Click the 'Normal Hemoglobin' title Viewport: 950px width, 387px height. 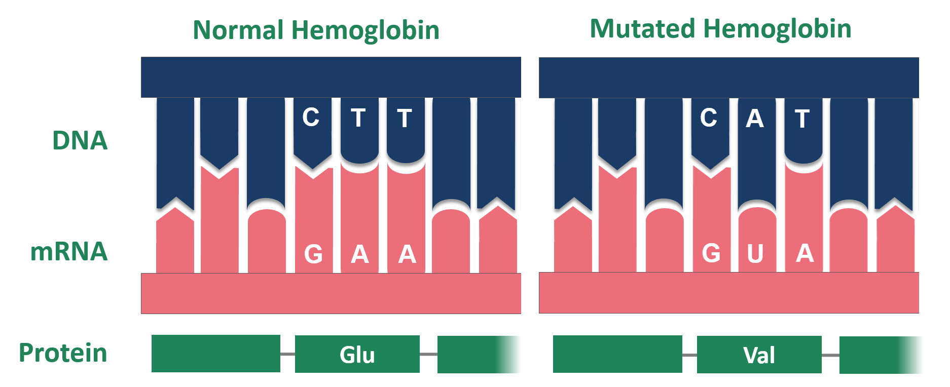[316, 30]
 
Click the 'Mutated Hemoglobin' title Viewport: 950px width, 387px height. [720, 29]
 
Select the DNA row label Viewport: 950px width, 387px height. [80, 140]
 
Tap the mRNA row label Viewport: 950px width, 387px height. [69, 251]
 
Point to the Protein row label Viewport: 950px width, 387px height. [63, 353]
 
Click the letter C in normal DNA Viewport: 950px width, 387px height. [311, 118]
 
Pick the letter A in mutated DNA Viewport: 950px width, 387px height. [754, 119]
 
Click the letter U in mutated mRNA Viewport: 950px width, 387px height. [755, 254]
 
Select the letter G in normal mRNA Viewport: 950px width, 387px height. [313, 254]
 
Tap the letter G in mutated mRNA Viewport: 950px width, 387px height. [711, 253]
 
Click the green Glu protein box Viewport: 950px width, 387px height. [357, 354]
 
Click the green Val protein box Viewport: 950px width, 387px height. [759, 355]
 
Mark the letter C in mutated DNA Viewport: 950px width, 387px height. [708, 118]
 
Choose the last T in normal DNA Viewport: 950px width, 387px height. [404, 119]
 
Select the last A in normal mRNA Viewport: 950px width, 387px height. [407, 254]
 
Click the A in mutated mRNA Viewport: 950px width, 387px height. [805, 253]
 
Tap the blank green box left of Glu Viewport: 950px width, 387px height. [215, 354]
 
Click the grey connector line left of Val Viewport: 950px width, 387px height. [689, 355]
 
